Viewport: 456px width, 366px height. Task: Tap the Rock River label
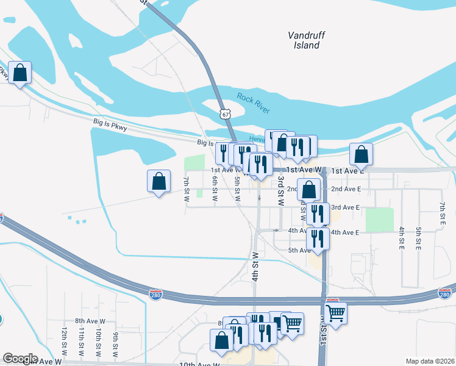[x=253, y=103]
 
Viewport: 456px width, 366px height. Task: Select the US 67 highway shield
[x=226, y=114]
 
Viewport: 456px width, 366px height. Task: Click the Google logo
[x=20, y=359]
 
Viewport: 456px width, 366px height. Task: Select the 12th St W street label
[x=63, y=341]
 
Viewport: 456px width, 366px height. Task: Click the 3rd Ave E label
[x=346, y=207]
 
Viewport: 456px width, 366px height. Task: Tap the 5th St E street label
[x=419, y=238]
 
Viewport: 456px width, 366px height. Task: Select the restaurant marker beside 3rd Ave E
[x=318, y=213]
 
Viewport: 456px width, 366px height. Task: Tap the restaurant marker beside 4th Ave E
[x=318, y=238]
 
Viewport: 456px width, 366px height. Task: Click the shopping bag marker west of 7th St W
[x=159, y=181]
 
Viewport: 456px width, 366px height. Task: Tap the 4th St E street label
[x=402, y=238]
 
